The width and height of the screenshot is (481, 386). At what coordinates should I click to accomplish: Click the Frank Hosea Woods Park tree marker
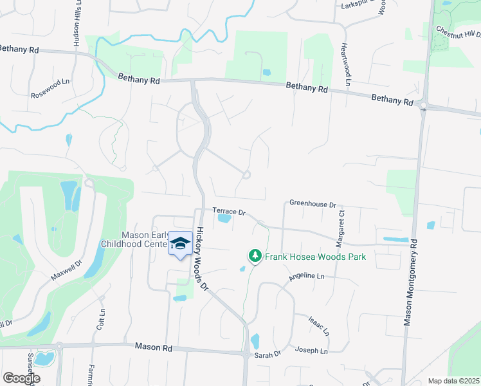coord(255,256)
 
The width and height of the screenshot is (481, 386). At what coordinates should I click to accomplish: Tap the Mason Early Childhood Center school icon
coord(181,243)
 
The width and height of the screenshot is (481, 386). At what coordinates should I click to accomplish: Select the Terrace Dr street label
coord(230,212)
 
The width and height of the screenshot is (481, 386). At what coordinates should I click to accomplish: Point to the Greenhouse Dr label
coord(313,204)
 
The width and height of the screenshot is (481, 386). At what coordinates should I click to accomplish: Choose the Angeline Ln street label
coord(307,276)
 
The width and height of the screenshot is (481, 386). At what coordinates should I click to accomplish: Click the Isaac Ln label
coord(318,326)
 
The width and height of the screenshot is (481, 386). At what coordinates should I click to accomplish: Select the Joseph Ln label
coord(311,351)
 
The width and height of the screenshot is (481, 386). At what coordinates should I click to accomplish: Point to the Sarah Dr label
coord(269,354)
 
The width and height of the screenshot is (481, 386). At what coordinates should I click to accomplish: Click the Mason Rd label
coord(154,347)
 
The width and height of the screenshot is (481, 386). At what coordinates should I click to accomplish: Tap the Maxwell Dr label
coord(67,271)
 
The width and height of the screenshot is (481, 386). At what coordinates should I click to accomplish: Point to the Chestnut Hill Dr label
coord(458,32)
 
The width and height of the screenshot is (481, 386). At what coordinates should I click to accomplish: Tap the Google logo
coord(21,378)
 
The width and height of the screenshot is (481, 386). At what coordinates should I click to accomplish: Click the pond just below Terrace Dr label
coord(224,219)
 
